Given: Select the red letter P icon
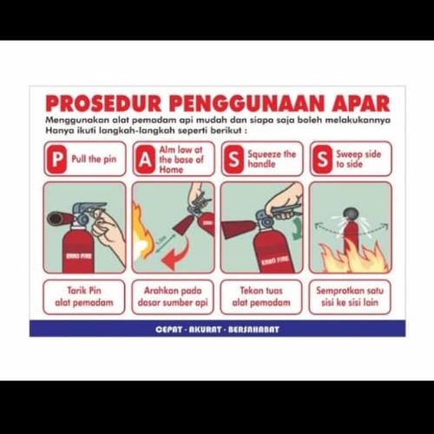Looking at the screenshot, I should click(56, 159).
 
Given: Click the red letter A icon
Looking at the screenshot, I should click(144, 159).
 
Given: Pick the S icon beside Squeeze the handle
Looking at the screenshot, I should click(233, 159).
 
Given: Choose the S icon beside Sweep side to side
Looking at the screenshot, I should click(321, 159).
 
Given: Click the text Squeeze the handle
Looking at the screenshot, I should click(272, 159).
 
